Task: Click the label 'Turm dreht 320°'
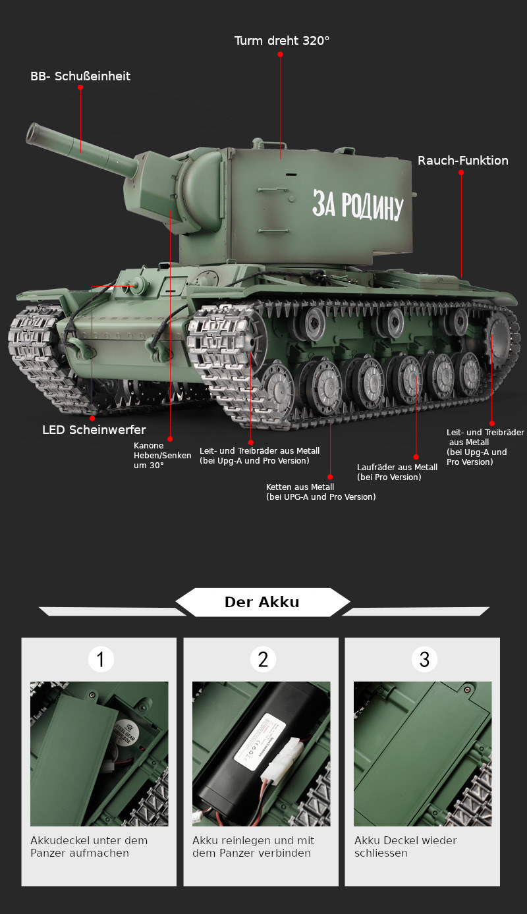tap(281, 41)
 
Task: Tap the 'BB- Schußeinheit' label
tap(80, 76)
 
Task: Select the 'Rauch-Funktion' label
tap(462, 161)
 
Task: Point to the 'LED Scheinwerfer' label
tap(94, 430)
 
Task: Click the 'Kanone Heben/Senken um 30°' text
tap(163, 455)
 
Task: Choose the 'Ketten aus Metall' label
tap(320, 492)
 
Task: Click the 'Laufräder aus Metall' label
tap(397, 472)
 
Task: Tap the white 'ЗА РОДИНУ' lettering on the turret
tap(356, 205)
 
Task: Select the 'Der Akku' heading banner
tap(262, 602)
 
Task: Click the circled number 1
tap(101, 659)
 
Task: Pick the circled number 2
tap(263, 659)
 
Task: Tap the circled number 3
tap(424, 659)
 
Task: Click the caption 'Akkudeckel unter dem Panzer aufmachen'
tap(89, 847)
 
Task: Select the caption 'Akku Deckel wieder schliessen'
tap(405, 847)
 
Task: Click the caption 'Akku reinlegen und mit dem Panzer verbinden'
tap(253, 847)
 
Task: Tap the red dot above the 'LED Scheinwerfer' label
tap(92, 418)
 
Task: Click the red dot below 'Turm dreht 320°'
tap(280, 55)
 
